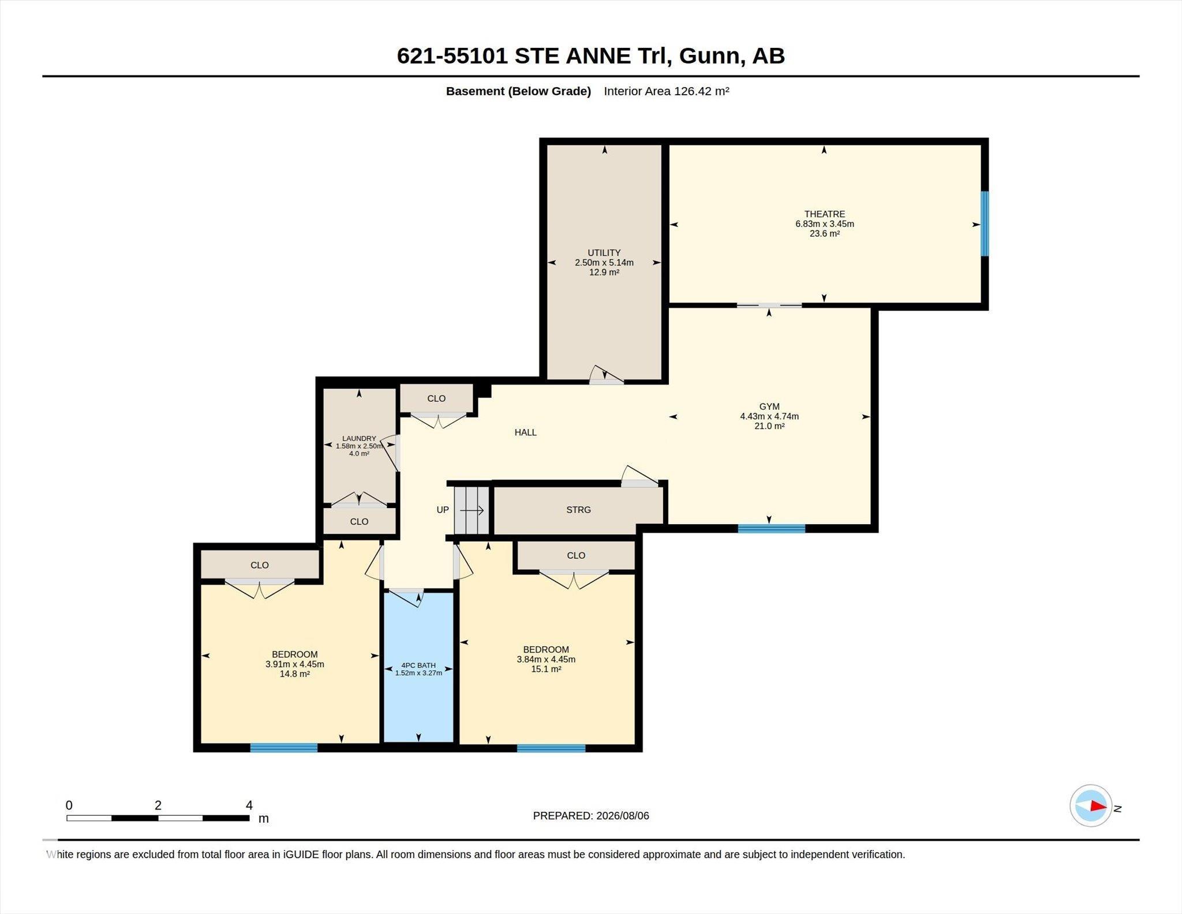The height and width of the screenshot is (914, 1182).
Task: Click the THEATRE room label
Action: point(825,214)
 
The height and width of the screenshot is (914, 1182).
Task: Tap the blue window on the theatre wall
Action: point(985,223)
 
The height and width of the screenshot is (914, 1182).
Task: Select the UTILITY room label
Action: point(604,253)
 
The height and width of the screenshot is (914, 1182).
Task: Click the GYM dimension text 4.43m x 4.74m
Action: point(769,416)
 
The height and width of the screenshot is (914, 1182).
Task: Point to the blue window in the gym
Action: point(772,528)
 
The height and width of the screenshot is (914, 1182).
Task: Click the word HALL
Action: point(526,432)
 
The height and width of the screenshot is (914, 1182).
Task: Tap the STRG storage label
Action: point(578,510)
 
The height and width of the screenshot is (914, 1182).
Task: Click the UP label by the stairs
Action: point(443,510)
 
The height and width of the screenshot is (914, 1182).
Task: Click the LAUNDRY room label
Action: point(359,439)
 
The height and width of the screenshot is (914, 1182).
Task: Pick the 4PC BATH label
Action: point(418,665)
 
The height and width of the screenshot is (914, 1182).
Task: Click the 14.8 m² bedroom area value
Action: point(295,674)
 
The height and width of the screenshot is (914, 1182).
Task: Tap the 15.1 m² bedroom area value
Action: point(546,669)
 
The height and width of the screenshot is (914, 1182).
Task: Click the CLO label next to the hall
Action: point(436,398)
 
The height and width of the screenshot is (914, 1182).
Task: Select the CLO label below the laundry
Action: point(359,521)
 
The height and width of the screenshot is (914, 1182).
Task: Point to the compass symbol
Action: point(1091,806)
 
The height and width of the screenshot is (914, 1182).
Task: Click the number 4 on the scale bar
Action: point(249,805)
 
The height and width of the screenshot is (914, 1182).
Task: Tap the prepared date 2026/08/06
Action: point(623,816)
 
